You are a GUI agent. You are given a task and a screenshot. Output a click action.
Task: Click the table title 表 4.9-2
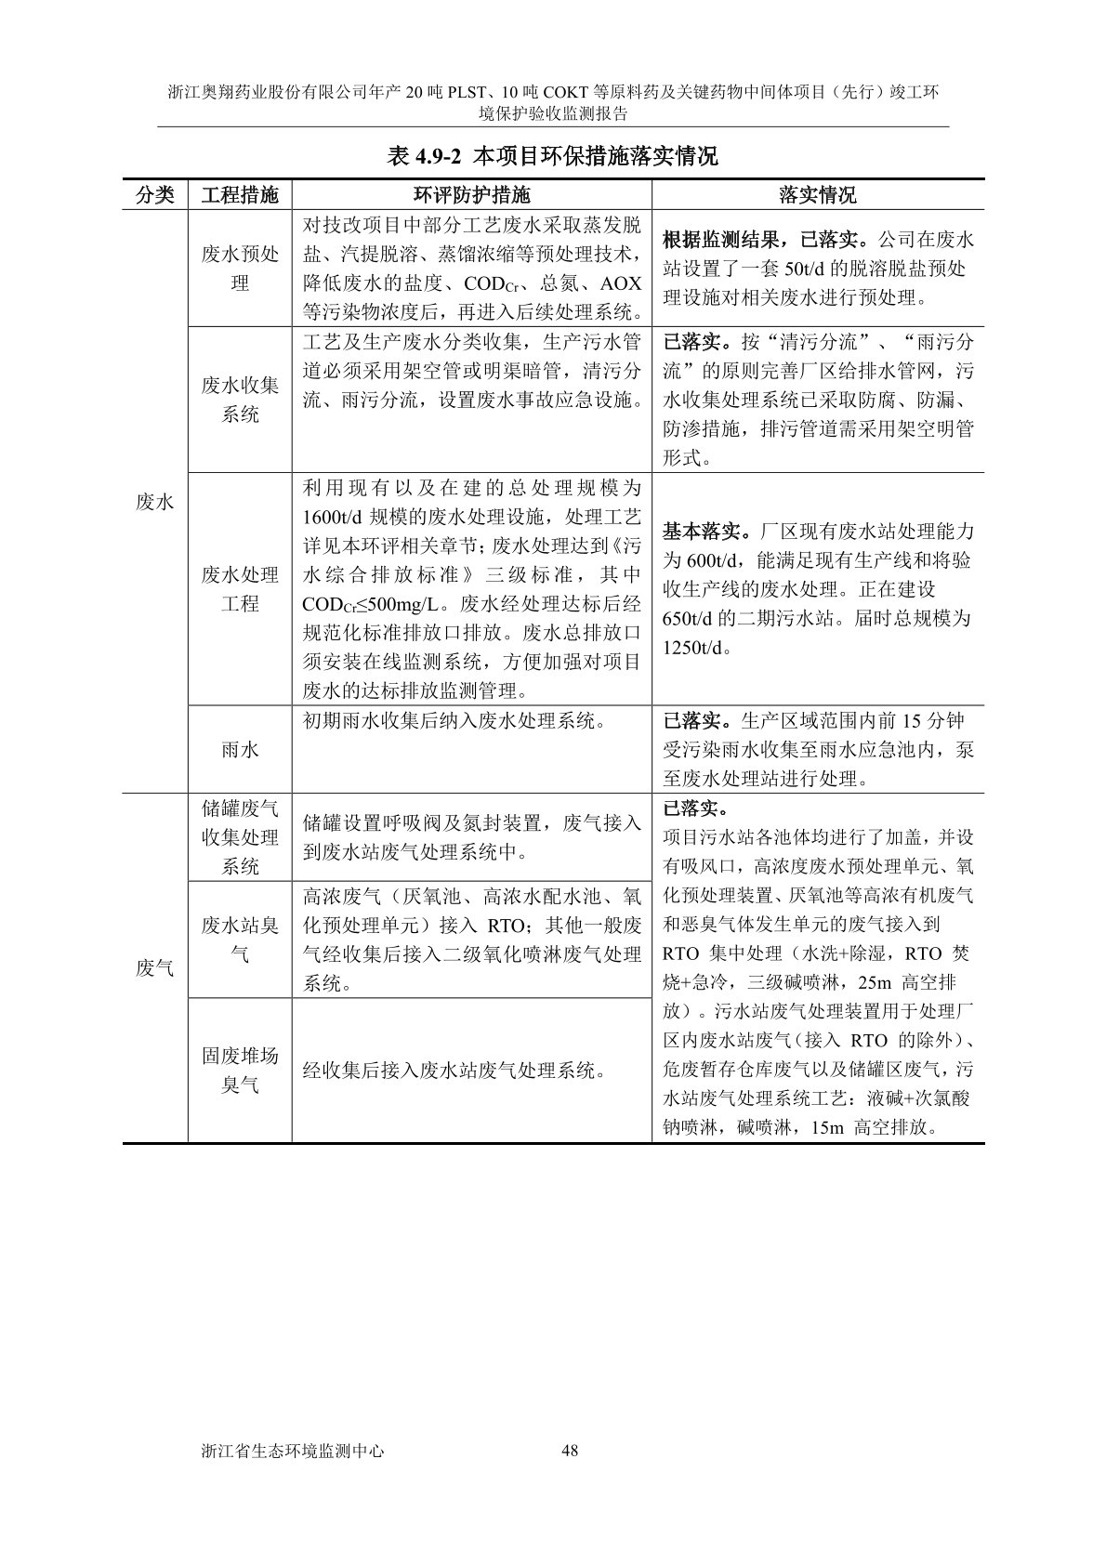pos(552,156)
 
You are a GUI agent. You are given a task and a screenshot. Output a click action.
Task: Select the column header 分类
pos(155,194)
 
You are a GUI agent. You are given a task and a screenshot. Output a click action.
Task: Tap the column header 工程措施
pos(240,194)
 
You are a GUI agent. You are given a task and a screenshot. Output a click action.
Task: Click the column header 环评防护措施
pos(471,194)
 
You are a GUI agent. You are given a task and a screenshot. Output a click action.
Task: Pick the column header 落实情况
pos(817,194)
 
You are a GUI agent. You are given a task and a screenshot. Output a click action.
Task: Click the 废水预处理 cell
pos(240,268)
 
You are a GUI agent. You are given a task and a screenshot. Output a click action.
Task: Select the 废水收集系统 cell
pos(240,399)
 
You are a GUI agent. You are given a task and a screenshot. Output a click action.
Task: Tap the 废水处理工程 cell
pos(240,588)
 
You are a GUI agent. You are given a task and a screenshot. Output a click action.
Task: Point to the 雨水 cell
pos(240,748)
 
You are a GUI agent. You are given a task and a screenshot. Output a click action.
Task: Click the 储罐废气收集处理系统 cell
pos(240,836)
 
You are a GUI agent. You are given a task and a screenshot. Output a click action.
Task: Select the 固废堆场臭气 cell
pos(240,1070)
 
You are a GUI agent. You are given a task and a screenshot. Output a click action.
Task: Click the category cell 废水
pos(155,502)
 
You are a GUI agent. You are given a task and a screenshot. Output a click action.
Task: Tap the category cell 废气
pos(155,967)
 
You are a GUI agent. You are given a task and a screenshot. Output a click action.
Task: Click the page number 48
pos(571,1451)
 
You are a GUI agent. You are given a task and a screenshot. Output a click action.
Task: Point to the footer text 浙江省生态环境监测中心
pos(292,1451)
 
